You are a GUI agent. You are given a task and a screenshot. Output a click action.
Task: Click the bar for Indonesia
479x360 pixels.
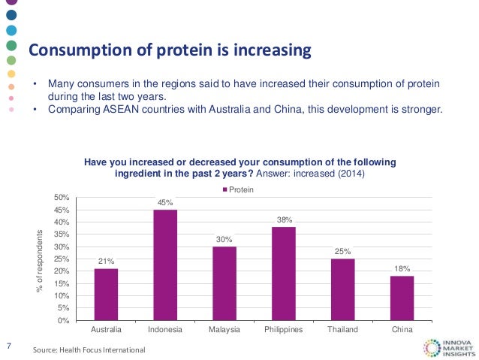165,265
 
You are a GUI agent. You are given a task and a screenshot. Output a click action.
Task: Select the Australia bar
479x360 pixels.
106,294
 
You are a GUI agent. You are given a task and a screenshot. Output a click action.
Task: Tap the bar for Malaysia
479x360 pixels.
224,283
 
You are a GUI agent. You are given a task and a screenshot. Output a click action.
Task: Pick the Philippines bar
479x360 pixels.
283,274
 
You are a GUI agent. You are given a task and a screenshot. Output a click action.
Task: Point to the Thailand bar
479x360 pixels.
342,289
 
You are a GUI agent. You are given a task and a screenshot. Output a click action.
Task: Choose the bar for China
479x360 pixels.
402,298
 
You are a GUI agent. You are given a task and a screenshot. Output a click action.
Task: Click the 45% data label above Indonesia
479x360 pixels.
165,202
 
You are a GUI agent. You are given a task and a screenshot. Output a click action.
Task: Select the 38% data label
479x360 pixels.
283,219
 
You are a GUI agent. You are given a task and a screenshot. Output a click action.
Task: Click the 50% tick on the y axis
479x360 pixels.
62,198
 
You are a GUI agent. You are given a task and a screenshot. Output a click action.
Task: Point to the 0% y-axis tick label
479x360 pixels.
65,321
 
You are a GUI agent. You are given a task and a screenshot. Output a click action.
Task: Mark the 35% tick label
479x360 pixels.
62,234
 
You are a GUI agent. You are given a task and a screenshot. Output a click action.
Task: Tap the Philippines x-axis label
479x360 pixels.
283,330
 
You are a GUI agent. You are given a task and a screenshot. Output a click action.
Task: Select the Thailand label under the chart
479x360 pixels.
342,330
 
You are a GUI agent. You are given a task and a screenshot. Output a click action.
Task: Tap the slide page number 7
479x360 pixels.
8,346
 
